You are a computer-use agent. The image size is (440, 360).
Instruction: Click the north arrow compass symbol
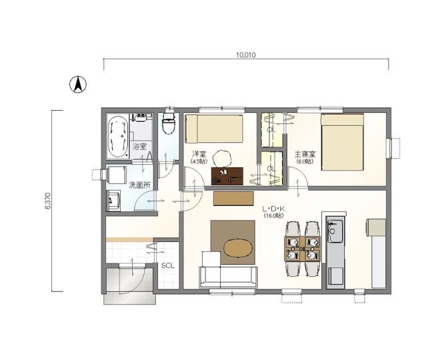click(78, 85)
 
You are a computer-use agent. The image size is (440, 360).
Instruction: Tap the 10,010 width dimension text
click(246, 55)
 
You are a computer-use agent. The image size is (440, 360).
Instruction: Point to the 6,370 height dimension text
click(48, 201)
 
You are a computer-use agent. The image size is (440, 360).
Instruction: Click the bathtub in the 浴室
click(118, 137)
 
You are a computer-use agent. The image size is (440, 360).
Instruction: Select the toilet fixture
click(169, 123)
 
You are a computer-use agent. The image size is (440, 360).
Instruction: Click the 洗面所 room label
click(139, 185)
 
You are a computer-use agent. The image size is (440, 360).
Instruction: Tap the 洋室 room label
click(199, 154)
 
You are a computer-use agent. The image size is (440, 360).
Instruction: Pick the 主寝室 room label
click(305, 154)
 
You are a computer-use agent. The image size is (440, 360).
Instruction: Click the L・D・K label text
click(273, 209)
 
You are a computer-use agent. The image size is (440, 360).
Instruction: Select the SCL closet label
click(168, 266)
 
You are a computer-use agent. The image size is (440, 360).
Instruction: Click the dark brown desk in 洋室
click(227, 176)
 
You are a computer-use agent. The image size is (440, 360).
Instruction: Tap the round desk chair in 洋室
click(222, 159)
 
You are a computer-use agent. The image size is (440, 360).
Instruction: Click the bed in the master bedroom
click(343, 142)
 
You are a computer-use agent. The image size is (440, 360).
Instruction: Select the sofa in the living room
click(228, 277)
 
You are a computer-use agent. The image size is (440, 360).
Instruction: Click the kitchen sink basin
click(335, 231)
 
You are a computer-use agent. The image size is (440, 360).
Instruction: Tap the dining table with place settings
click(302, 249)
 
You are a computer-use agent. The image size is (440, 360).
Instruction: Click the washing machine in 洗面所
click(116, 175)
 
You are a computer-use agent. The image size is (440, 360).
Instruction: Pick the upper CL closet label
click(271, 130)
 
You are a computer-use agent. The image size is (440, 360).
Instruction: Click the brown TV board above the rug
click(233, 199)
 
